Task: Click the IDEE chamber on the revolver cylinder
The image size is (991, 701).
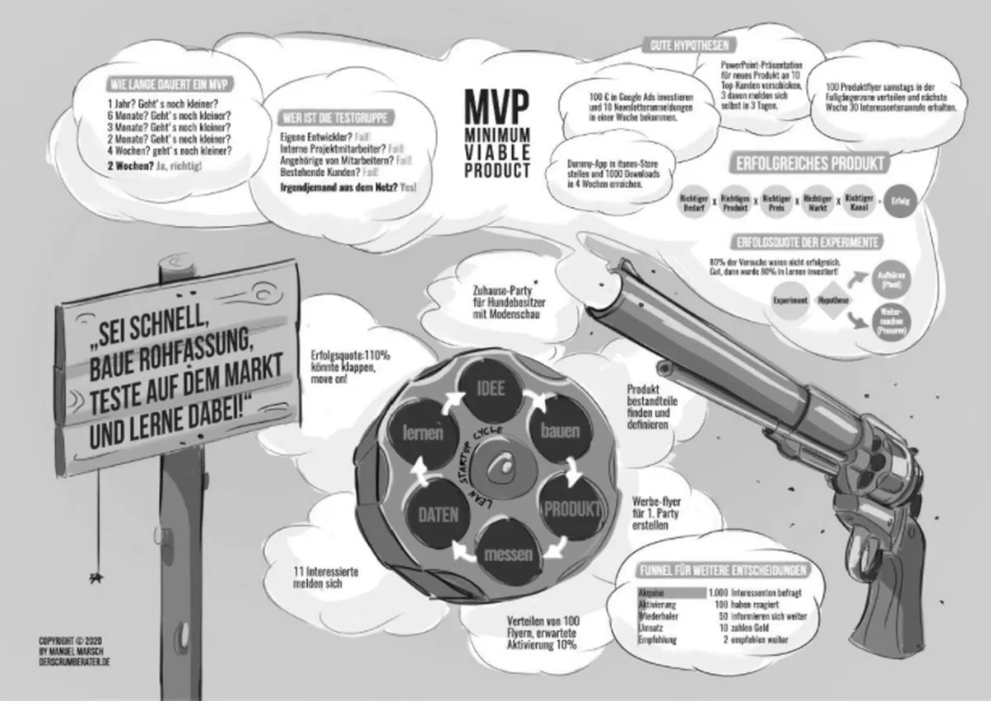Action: tap(488, 389)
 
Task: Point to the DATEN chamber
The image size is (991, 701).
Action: tap(437, 515)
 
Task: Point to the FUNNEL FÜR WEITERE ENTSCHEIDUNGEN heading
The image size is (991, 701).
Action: tap(723, 571)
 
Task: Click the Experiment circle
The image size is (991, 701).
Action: tap(790, 301)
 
